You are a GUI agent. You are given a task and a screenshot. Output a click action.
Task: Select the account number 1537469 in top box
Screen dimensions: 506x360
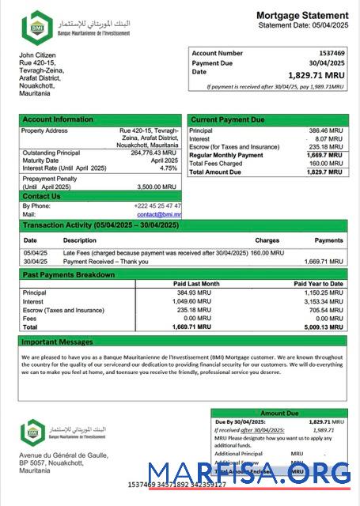click(329, 53)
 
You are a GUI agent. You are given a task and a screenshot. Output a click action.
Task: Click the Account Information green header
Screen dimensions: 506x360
click(58, 119)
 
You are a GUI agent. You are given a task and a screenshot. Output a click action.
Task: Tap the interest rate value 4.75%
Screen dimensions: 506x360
click(169, 168)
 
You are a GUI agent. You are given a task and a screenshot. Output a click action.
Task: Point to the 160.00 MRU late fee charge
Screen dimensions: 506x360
click(267, 252)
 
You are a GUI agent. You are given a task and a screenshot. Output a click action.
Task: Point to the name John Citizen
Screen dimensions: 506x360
click(39, 55)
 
